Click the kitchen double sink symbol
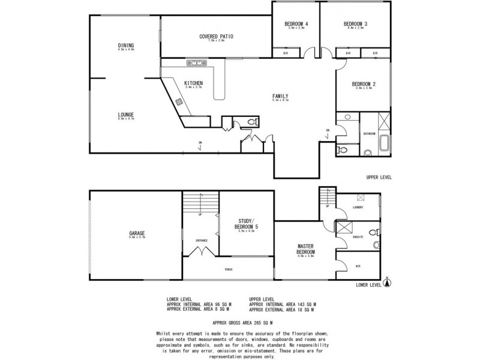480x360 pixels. (x=195, y=62)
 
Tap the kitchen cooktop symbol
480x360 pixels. (x=179, y=102)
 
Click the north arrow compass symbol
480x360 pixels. (x=387, y=281)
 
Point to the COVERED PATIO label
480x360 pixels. (x=216, y=37)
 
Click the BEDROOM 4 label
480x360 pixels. (x=296, y=24)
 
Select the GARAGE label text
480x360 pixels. (x=136, y=233)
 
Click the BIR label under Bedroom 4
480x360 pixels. (x=285, y=53)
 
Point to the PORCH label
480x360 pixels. (x=229, y=269)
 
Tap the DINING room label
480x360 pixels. (x=126, y=46)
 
